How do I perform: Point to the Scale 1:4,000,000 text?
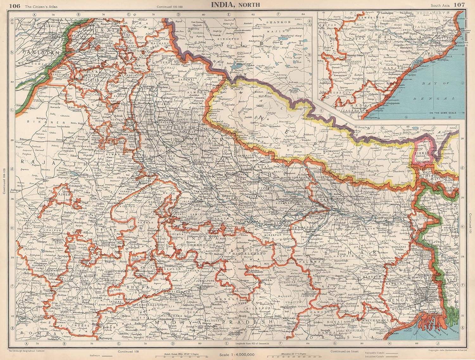237,354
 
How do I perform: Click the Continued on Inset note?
344,351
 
